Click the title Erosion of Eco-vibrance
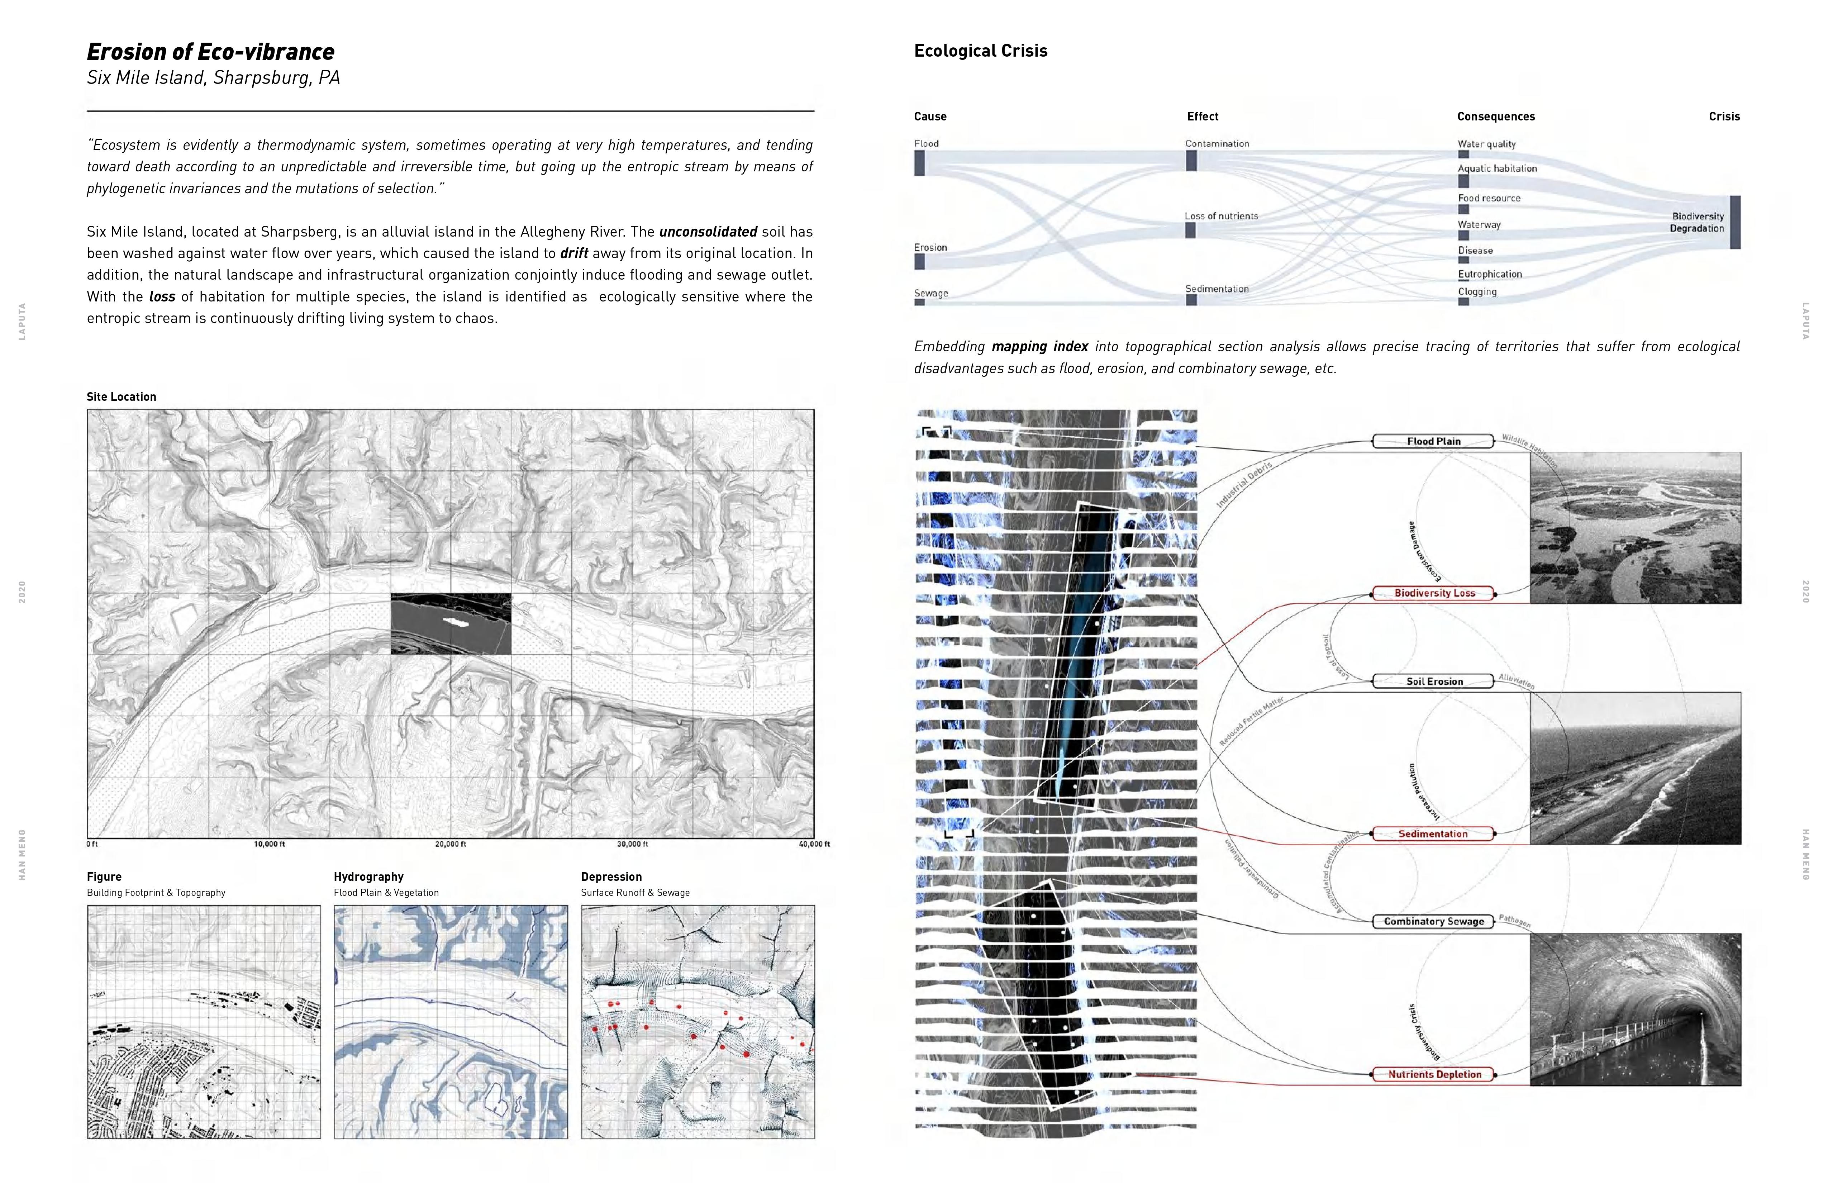pos(210,52)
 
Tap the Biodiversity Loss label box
pos(1433,593)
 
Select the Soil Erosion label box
pos(1433,681)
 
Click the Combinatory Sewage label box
pos(1433,921)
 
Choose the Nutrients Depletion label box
pos(1433,1074)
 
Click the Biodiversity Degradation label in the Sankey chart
pos(1698,222)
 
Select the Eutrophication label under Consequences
pos(1489,274)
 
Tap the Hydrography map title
pos(369,876)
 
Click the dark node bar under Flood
pos(919,163)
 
